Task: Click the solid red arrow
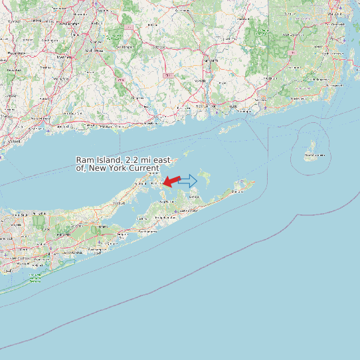(171, 181)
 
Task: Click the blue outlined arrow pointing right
(188, 181)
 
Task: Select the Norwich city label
(199, 80)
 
